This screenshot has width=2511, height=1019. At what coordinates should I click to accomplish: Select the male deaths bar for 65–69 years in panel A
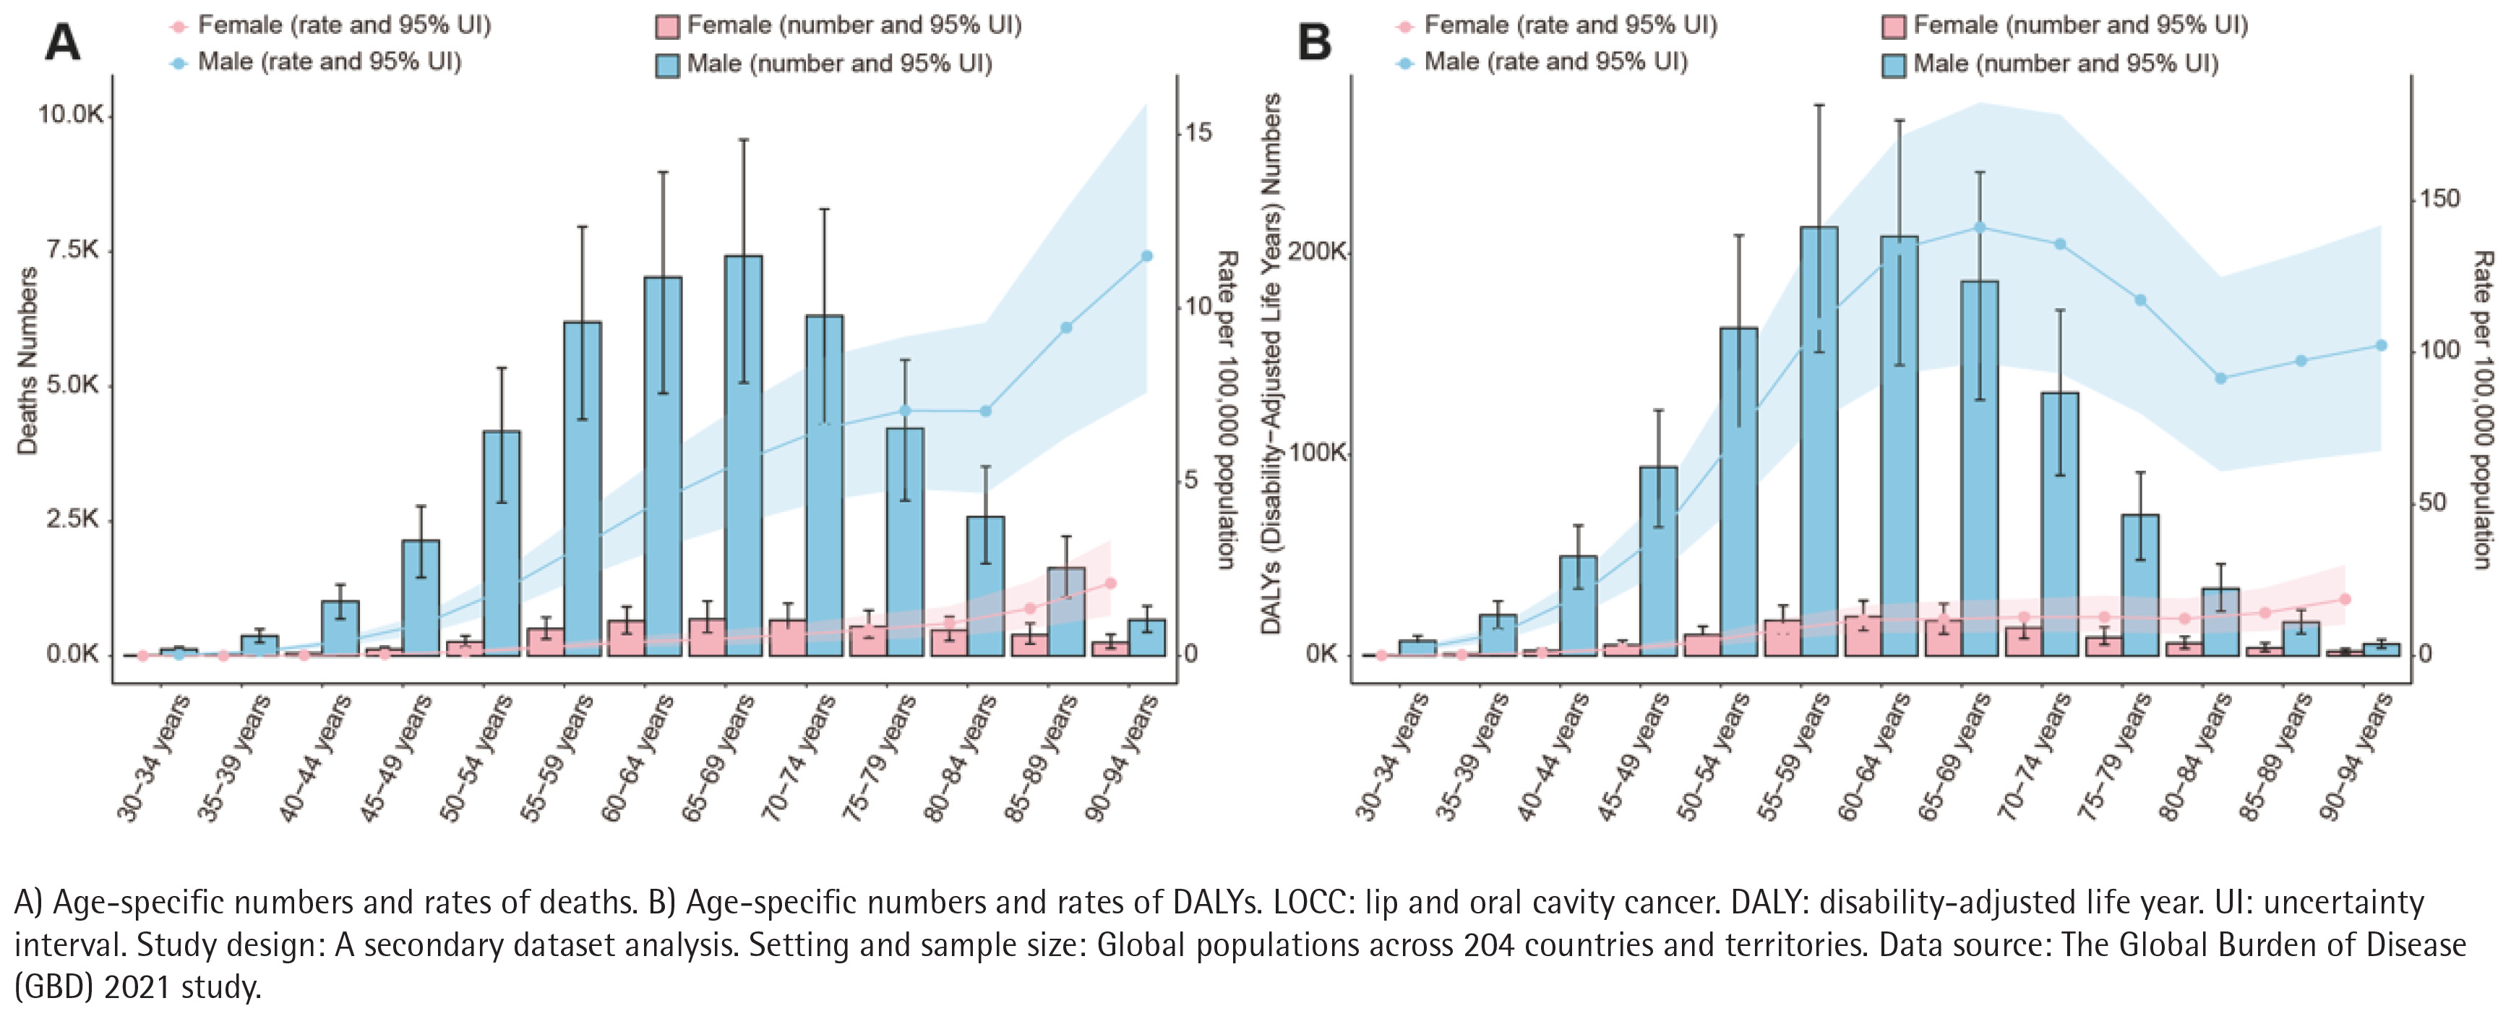(744, 456)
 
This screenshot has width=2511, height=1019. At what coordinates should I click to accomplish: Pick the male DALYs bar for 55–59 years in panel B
(1819, 440)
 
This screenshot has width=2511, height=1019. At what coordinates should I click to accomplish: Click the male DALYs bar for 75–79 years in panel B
(2141, 585)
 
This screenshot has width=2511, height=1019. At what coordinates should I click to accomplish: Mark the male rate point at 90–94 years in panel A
(1146, 257)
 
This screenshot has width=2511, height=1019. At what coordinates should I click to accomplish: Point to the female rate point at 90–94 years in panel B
(2345, 599)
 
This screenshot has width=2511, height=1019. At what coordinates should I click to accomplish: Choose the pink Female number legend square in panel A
(668, 26)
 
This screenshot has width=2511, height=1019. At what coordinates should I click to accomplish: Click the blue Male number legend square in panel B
(1893, 65)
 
